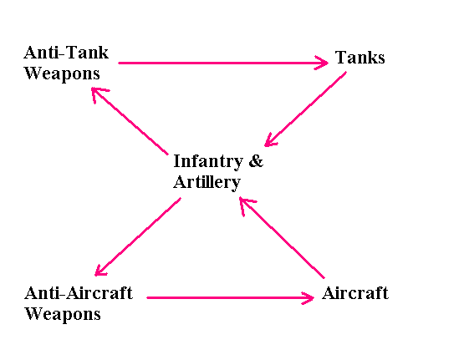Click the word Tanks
360,58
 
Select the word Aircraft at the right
355,294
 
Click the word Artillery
207,182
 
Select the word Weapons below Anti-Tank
62,74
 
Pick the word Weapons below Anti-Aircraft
63,314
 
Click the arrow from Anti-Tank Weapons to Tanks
222,62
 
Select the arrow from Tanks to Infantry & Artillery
305,109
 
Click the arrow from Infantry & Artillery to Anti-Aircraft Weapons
138,237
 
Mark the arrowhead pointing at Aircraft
308,297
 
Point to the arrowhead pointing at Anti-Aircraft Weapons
100,270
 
